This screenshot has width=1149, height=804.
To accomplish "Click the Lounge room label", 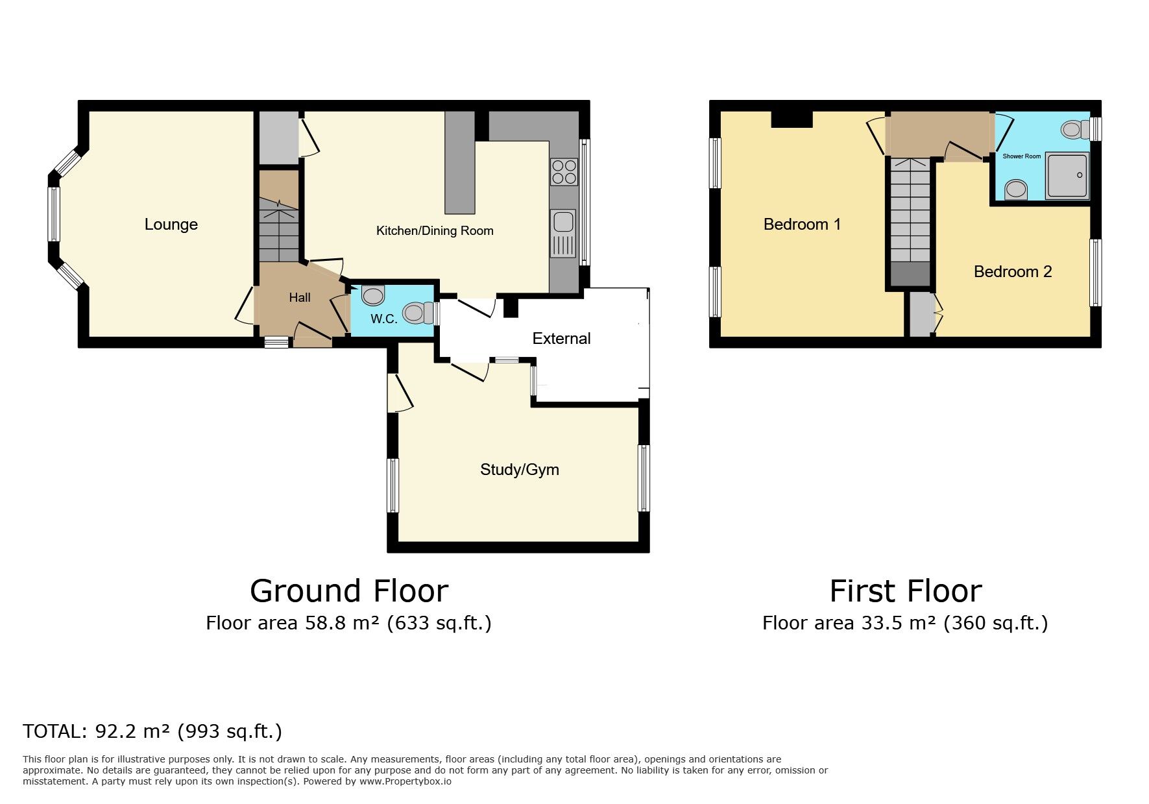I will [171, 225].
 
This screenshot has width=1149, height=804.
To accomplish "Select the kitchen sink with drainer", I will [562, 234].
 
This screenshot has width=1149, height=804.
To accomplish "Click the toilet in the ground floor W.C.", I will [417, 313].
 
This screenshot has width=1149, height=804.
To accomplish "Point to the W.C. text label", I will [383, 319].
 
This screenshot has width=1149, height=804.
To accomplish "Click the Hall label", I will [300, 298].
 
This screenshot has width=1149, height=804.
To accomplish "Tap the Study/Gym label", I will [519, 470].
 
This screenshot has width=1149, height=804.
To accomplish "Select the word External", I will [561, 339].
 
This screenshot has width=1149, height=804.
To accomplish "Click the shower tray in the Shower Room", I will [1067, 175].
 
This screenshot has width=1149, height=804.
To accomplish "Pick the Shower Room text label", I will [1021, 156].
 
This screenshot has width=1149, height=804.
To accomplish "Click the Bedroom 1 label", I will [802, 225].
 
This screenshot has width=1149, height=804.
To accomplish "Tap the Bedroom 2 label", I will [1012, 272].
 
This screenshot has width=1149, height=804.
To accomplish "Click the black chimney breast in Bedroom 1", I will [792, 119].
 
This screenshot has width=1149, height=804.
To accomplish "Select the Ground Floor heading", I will [348, 591].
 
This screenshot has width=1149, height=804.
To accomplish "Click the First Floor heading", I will [905, 591].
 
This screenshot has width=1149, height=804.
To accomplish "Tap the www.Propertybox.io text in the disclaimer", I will [405, 781].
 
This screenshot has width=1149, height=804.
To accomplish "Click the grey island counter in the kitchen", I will [459, 162].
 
